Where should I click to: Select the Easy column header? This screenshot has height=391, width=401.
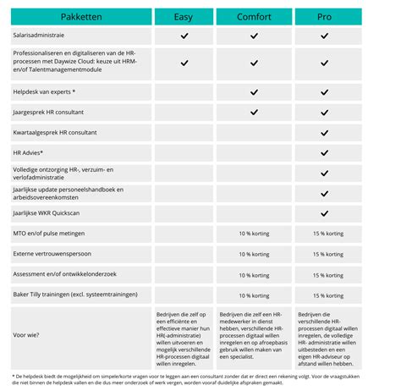point(184,17)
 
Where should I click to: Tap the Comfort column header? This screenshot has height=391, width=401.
point(253,17)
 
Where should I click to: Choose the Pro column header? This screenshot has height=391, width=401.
point(323,17)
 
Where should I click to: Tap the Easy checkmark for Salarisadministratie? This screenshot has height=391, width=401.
point(184,36)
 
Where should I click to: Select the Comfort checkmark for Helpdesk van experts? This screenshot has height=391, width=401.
point(253,91)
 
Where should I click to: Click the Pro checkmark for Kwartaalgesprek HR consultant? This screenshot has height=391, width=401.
point(323,133)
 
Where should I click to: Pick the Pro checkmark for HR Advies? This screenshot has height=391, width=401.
point(323,153)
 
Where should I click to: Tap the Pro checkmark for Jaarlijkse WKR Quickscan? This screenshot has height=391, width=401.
point(323,213)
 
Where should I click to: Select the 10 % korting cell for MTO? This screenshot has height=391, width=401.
point(253,234)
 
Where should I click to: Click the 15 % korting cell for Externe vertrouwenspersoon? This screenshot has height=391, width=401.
point(323,254)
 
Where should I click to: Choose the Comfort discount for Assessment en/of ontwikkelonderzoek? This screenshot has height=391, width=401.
point(253,274)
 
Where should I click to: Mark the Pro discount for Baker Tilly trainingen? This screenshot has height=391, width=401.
point(323,295)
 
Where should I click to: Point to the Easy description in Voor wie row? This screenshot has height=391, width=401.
point(184,333)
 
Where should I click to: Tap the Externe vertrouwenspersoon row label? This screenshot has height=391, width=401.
point(53,254)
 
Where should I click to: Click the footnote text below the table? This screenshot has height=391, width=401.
point(200,380)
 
